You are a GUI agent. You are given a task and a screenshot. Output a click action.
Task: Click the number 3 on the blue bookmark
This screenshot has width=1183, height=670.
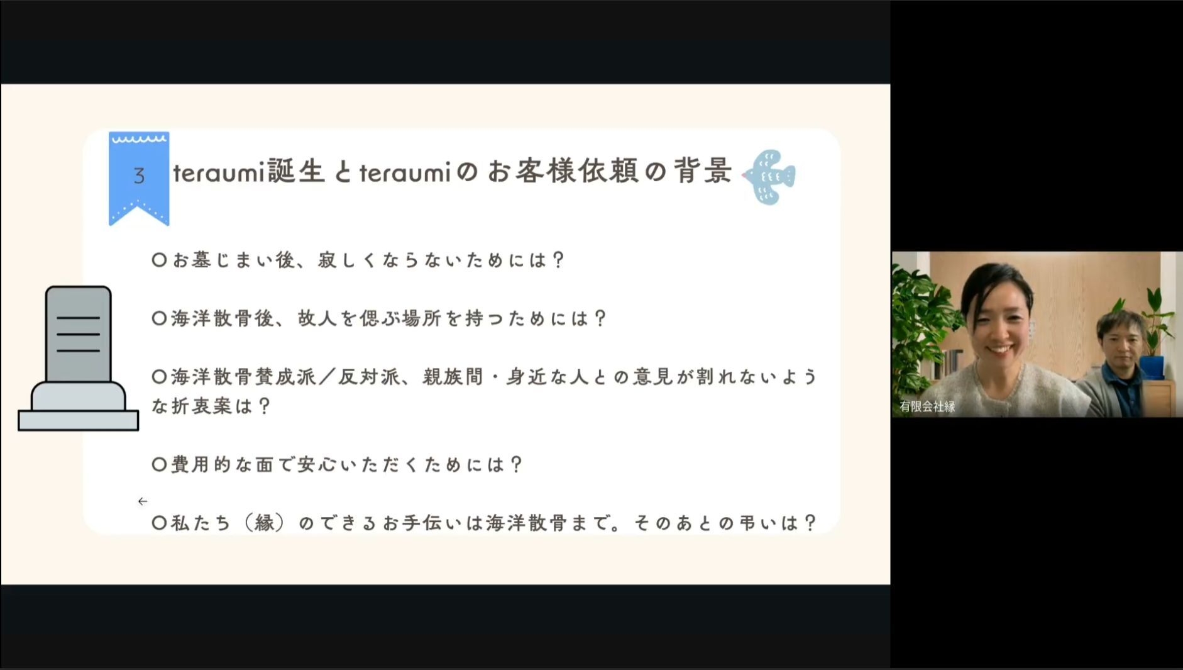click(x=139, y=176)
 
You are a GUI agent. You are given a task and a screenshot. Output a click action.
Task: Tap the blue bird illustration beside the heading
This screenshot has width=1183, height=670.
click(x=769, y=177)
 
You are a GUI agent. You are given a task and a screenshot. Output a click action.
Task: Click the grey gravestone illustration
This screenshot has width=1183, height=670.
click(x=79, y=359)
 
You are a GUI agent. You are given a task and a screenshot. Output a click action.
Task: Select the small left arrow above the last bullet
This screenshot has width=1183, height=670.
click(x=143, y=501)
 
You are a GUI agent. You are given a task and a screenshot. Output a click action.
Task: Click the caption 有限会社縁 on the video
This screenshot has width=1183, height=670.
click(x=927, y=406)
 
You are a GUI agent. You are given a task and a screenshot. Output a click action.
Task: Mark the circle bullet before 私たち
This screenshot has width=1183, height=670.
click(x=159, y=523)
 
